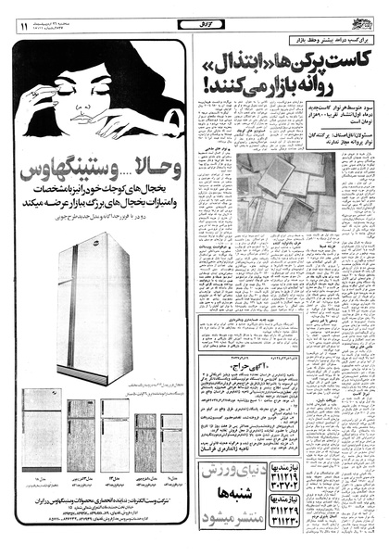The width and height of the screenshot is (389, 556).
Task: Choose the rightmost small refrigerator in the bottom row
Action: point(172,445)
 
